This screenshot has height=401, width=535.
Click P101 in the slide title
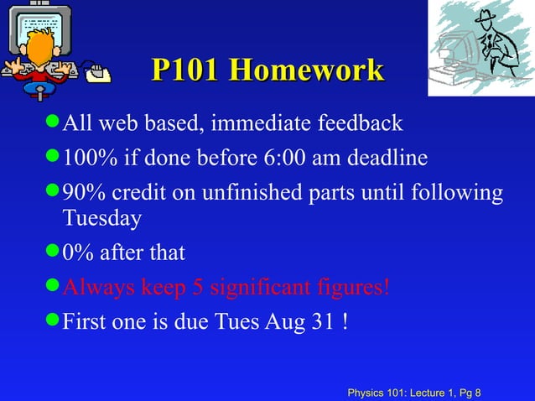click(185, 70)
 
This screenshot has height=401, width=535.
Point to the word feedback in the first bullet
click(361, 124)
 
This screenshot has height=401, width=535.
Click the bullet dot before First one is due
click(53, 320)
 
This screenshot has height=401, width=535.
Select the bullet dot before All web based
click(53, 123)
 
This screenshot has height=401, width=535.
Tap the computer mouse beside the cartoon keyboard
click(101, 76)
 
